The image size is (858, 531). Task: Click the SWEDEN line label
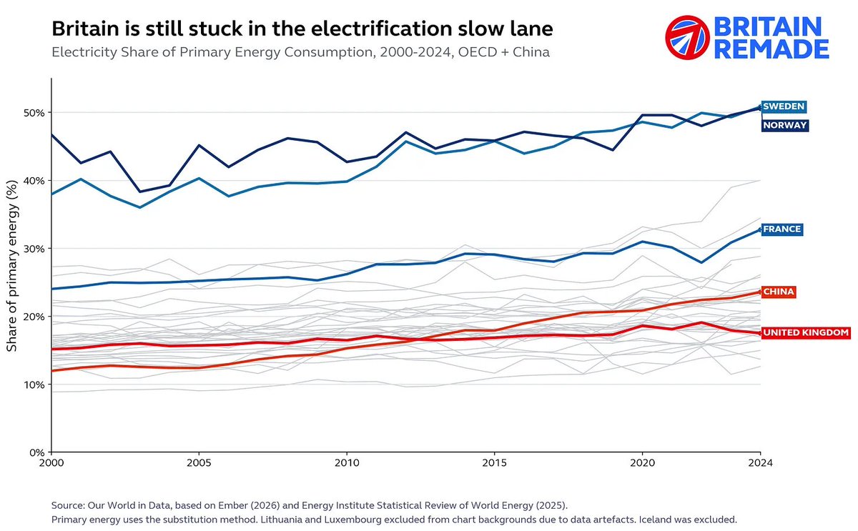point(784,106)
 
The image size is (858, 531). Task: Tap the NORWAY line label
point(785,125)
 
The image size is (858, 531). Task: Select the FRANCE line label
point(782,229)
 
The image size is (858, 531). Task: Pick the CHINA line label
point(779,292)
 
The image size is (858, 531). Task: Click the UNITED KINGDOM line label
point(806,333)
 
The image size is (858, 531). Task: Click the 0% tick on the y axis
point(36,452)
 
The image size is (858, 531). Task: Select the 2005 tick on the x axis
point(199,463)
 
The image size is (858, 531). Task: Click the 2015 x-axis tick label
point(495,463)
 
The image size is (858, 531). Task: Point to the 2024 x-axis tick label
point(760,463)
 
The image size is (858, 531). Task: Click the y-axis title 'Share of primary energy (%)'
point(12,266)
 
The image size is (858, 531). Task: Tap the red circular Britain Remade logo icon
point(688,37)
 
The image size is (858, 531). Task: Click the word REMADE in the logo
point(771,49)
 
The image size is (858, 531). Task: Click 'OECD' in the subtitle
point(478,52)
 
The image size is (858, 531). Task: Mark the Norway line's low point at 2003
point(140,192)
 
